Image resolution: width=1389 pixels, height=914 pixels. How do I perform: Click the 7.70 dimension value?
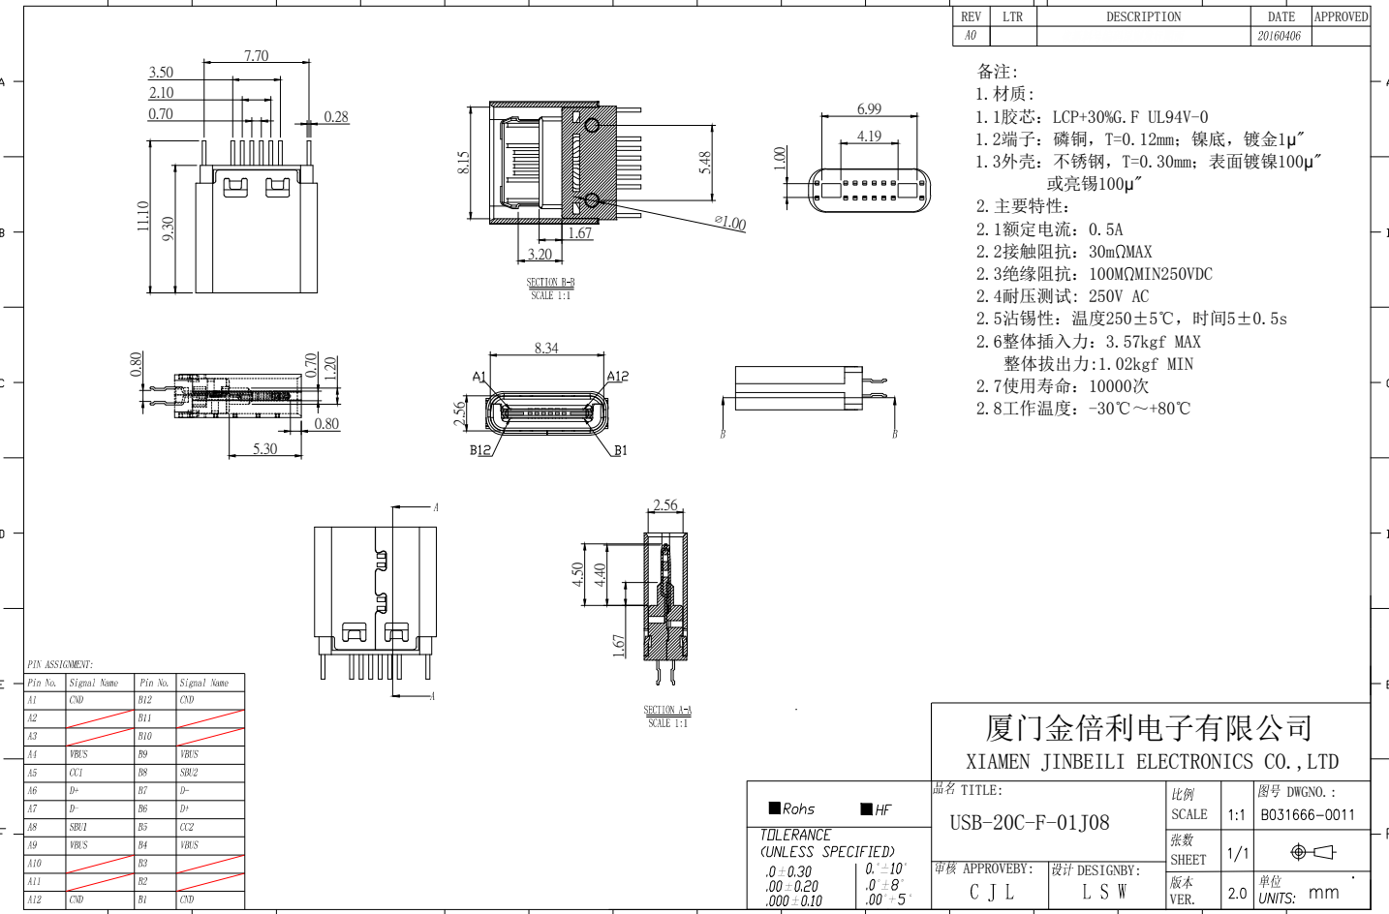tap(256, 56)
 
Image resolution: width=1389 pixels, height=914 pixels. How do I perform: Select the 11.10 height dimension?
tap(143, 216)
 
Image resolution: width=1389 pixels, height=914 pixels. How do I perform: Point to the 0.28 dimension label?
tap(336, 117)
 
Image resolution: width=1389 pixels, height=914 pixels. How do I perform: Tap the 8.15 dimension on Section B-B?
tap(463, 162)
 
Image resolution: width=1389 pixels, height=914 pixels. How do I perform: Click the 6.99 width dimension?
tap(869, 109)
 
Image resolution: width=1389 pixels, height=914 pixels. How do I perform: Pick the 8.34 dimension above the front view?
tap(546, 349)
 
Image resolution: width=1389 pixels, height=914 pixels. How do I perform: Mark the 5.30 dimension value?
tap(264, 449)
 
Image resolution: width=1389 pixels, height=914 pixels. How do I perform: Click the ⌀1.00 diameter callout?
tap(730, 224)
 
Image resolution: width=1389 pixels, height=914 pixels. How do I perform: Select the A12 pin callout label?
tap(618, 377)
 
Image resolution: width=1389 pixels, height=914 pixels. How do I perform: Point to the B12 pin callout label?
tap(480, 450)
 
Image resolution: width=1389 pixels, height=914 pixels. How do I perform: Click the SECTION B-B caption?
tap(550, 283)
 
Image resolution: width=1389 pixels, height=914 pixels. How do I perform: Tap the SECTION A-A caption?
tap(667, 711)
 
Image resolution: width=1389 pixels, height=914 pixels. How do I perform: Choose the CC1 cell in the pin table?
tap(77, 773)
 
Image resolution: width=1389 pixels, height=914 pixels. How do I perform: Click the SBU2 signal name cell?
tap(189, 773)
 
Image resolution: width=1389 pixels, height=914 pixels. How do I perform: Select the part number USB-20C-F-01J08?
tap(1030, 823)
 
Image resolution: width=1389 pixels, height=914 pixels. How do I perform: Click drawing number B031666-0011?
tap(1308, 815)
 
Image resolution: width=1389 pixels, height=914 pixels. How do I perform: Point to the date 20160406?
tap(1279, 37)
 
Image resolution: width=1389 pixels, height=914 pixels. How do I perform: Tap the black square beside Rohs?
tap(775, 807)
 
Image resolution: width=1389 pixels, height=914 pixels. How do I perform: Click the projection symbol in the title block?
tap(1312, 852)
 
